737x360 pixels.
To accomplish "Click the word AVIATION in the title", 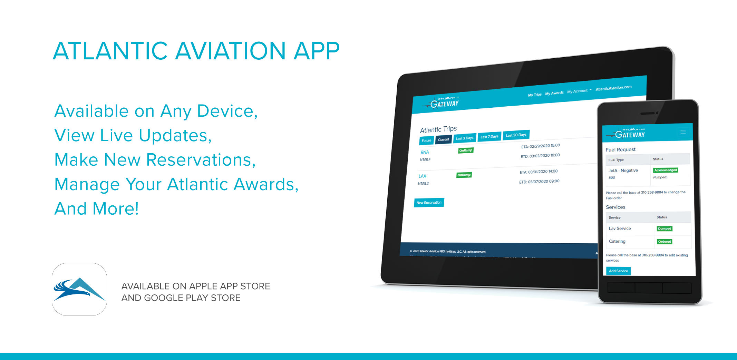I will click(x=230, y=51).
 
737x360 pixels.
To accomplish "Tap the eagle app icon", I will click(x=79, y=289).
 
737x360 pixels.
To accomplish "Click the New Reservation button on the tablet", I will click(x=429, y=203).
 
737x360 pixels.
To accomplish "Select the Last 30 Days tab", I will click(x=516, y=135).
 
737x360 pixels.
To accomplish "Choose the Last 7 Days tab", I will click(x=489, y=137).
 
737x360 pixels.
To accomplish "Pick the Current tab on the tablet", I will click(x=444, y=139).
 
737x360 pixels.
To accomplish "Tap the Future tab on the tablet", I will click(x=426, y=140).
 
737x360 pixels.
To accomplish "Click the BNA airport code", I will click(x=425, y=152).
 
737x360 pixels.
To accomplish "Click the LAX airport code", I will click(x=423, y=176).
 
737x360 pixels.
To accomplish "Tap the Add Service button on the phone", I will click(x=618, y=271).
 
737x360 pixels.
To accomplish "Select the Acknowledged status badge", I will click(x=666, y=170).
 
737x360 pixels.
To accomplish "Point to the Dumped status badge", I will click(x=665, y=228).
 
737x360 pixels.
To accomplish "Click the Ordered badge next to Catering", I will click(x=665, y=242).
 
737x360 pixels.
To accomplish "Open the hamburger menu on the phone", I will click(x=683, y=132).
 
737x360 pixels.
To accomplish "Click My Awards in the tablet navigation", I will click(x=554, y=93).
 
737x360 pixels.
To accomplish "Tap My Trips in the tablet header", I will click(x=535, y=95).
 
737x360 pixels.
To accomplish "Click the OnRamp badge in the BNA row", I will click(x=466, y=150).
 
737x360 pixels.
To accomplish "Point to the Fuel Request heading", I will click(x=620, y=149).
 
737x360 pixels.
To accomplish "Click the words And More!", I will click(x=97, y=209).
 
